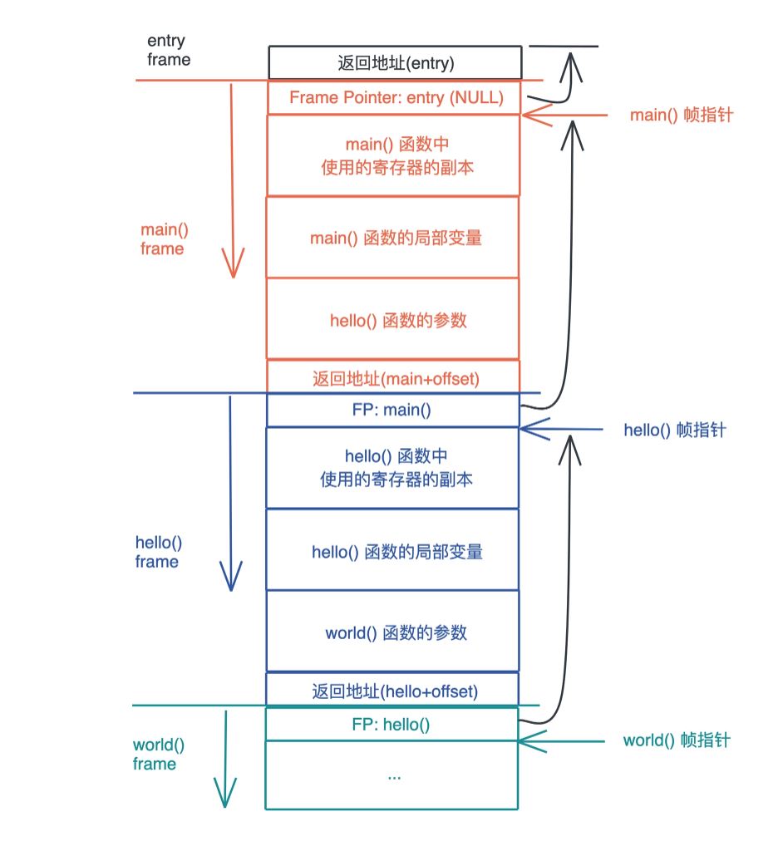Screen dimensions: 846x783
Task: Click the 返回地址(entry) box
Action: [x=395, y=62]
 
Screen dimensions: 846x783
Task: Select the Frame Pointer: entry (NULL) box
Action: [x=395, y=97]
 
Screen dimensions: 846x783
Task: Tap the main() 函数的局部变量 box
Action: [x=395, y=238]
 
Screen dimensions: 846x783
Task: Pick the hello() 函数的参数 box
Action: [x=395, y=320]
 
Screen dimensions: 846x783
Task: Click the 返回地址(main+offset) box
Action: [x=395, y=378]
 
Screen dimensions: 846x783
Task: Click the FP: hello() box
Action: [x=391, y=725]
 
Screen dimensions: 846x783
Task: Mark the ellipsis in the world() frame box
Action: [x=393, y=775]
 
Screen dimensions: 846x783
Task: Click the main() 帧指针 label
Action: [x=681, y=116]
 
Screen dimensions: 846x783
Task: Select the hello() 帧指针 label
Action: [x=675, y=430]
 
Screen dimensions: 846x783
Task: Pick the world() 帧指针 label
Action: [x=676, y=740]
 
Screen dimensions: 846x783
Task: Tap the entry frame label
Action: [x=168, y=50]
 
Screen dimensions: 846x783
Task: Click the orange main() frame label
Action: [x=162, y=239]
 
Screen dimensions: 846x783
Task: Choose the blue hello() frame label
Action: [x=158, y=552]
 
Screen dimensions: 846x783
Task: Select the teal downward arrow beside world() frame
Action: [x=225, y=756]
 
